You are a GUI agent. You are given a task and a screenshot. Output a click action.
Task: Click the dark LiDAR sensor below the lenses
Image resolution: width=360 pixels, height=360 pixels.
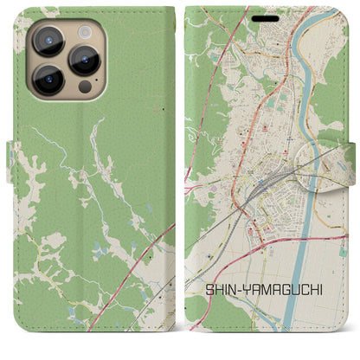click(84, 87)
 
